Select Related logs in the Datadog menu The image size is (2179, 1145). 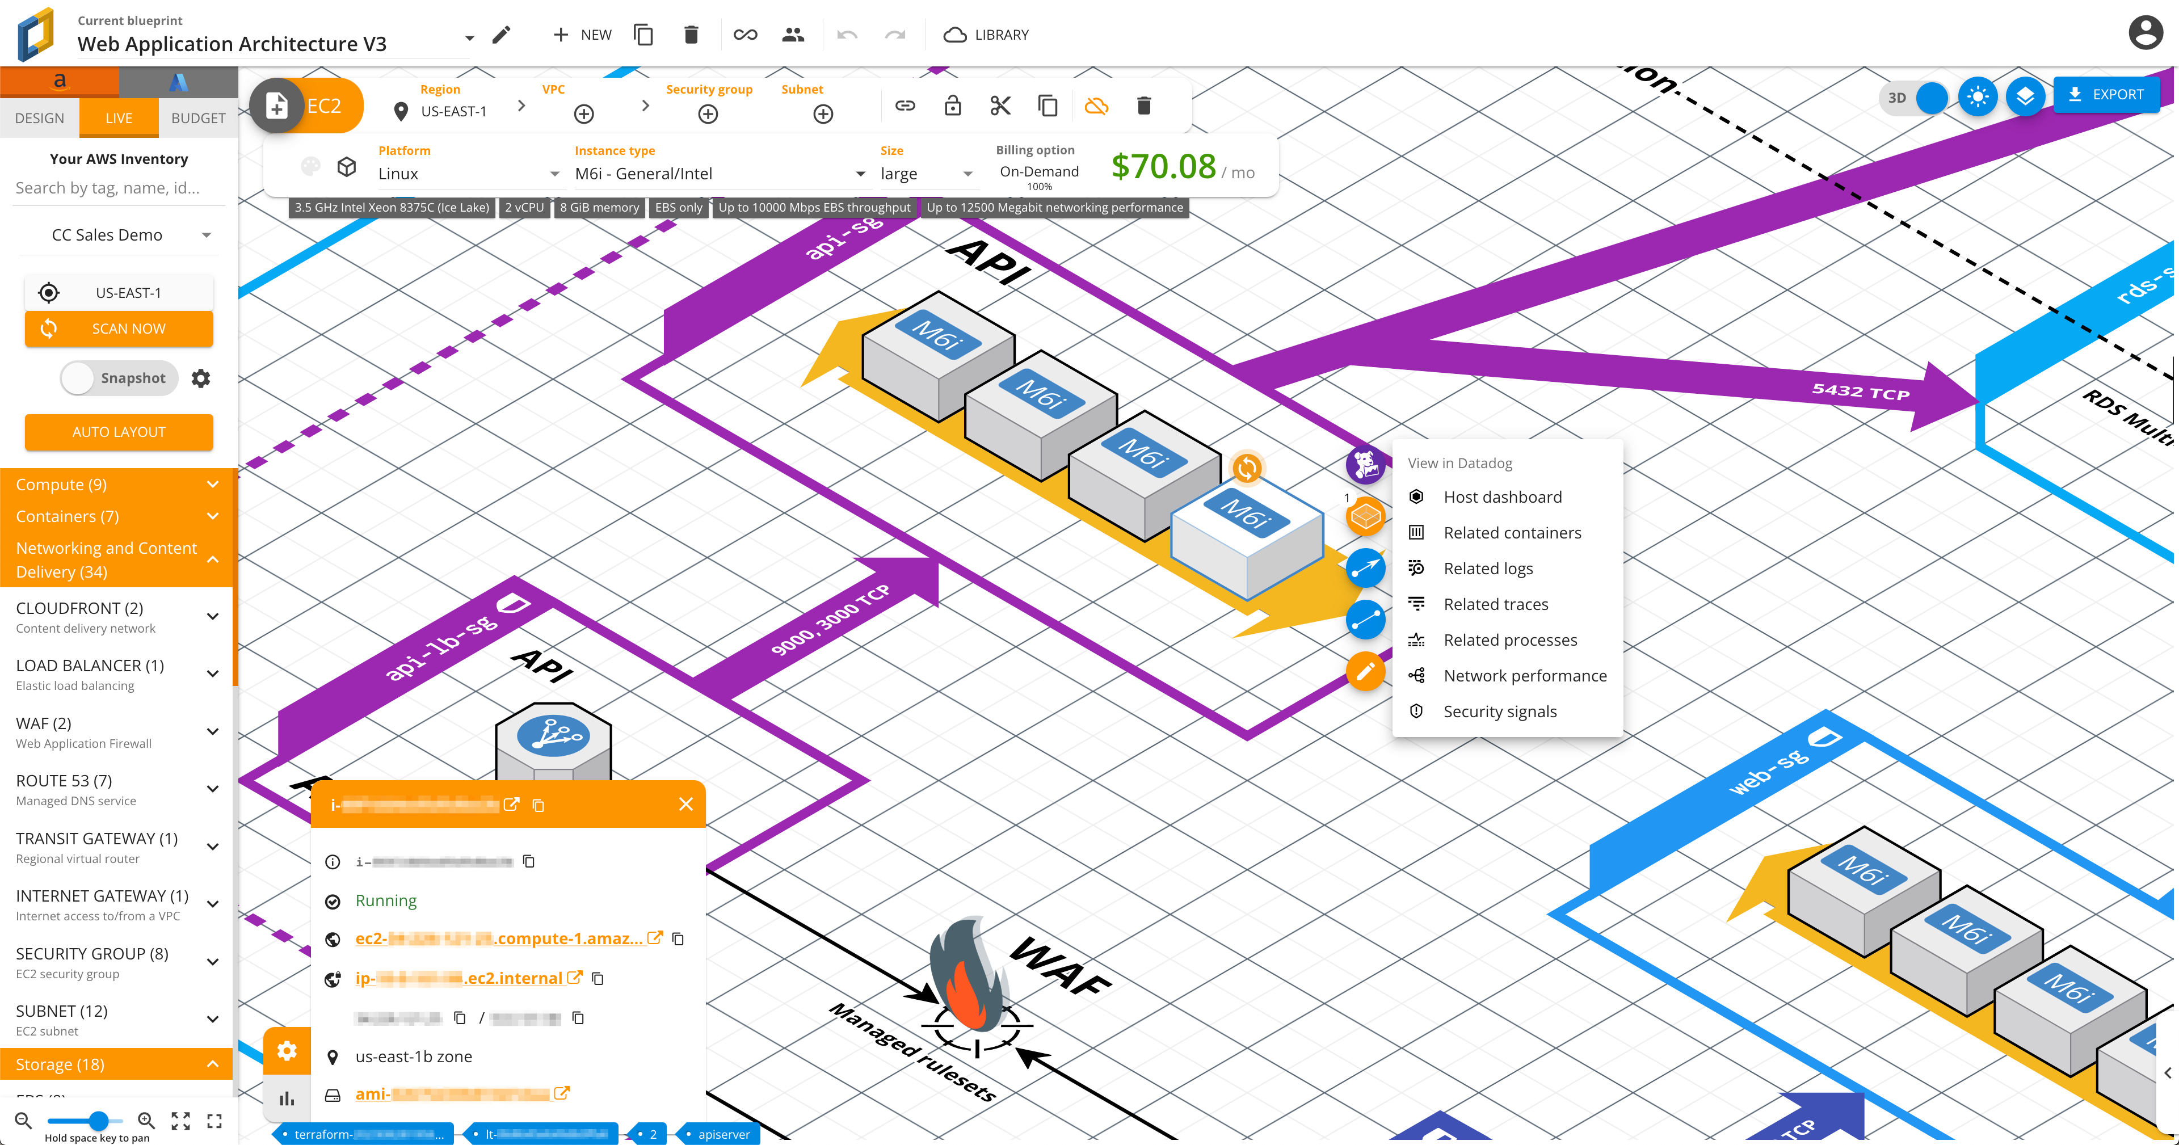pyautogui.click(x=1487, y=569)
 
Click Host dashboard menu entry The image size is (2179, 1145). pyautogui.click(x=1501, y=497)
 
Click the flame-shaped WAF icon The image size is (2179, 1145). pyautogui.click(x=970, y=981)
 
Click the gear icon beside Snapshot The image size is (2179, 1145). pyautogui.click(x=200, y=378)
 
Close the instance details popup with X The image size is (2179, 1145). pyautogui.click(x=685, y=804)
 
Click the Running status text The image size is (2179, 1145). pyautogui.click(x=386, y=900)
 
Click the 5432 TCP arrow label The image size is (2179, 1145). pyautogui.click(x=1860, y=392)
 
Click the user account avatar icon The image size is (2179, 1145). pyautogui.click(x=2145, y=34)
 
